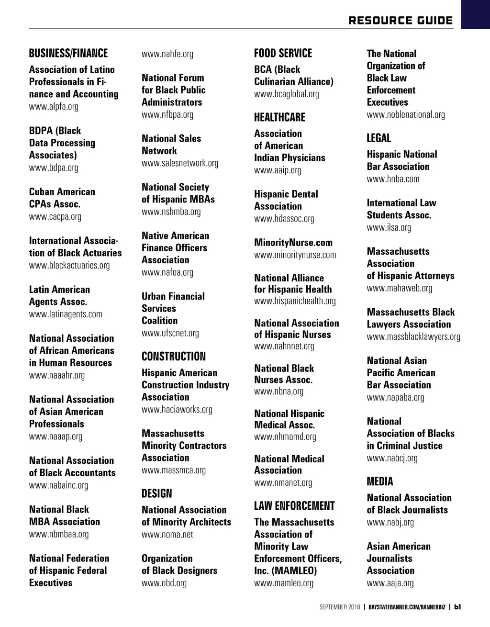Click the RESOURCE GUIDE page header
click(x=401, y=21)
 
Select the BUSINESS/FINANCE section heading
click(x=68, y=53)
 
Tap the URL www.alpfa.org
click(x=54, y=106)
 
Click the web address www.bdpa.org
click(x=54, y=168)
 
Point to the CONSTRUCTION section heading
click(x=174, y=357)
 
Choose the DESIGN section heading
click(x=156, y=493)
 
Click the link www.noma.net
click(x=167, y=534)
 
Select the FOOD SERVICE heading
click(x=283, y=53)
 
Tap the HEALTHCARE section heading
click(x=279, y=117)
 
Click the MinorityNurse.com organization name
click(x=293, y=243)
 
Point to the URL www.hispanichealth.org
click(x=295, y=301)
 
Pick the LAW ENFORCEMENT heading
click(x=294, y=506)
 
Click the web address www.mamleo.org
click(x=284, y=583)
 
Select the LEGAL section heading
click(x=379, y=138)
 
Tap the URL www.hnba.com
click(x=393, y=179)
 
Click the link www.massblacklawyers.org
click(x=413, y=336)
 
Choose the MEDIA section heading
click(x=380, y=481)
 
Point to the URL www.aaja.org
click(x=390, y=583)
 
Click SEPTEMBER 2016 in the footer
click(x=340, y=607)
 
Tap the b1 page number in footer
click(x=457, y=607)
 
